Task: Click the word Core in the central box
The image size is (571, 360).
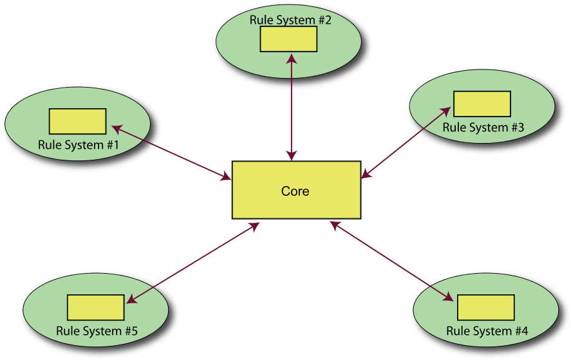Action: pyautogui.click(x=295, y=191)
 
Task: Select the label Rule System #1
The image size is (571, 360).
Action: pyautogui.click(x=79, y=145)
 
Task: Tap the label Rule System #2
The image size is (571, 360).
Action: pyautogui.click(x=290, y=20)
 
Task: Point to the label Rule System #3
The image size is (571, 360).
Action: pyautogui.click(x=483, y=128)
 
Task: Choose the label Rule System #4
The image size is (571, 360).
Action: pyautogui.click(x=487, y=331)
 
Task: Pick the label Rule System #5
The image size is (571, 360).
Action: pyautogui.click(x=97, y=331)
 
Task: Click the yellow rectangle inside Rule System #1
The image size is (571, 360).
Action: pyautogui.click(x=78, y=121)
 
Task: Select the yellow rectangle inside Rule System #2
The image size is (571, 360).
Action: pyautogui.click(x=288, y=39)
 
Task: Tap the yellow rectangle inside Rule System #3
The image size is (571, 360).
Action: pyautogui.click(x=482, y=104)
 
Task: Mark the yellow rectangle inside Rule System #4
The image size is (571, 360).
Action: pyautogui.click(x=486, y=307)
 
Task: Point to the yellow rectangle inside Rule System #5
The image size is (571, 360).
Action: pyautogui.click(x=96, y=307)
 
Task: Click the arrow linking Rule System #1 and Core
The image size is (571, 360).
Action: pyautogui.click(x=172, y=152)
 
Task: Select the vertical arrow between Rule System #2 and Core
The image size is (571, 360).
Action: pyautogui.click(x=292, y=106)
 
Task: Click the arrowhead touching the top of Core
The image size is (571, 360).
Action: pyautogui.click(x=292, y=156)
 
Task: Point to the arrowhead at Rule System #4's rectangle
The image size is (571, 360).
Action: pyautogui.click(x=448, y=298)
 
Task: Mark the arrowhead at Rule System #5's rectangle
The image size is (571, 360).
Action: pyautogui.click(x=131, y=299)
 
